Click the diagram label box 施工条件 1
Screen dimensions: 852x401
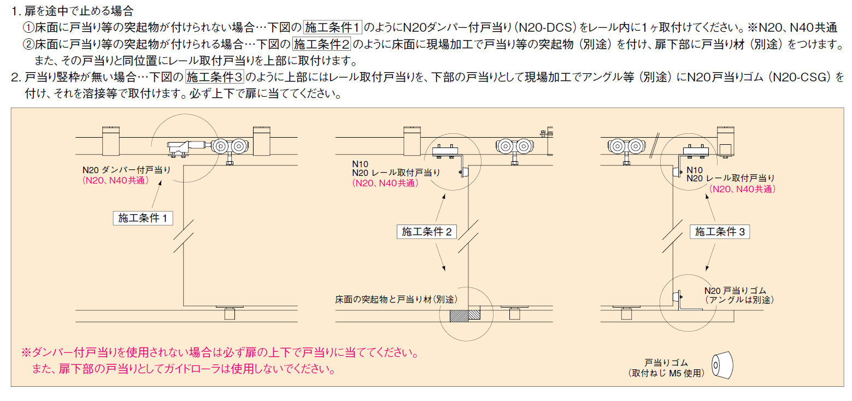point(143,218)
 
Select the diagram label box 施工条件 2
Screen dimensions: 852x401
point(426,232)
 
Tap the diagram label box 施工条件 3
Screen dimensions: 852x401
point(720,232)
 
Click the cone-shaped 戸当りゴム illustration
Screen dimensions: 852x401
point(722,365)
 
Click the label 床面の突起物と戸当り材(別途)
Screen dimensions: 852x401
point(396,299)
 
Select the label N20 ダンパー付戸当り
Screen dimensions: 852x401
point(127,170)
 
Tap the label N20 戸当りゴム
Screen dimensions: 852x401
point(735,291)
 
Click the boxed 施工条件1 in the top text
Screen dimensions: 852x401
point(332,27)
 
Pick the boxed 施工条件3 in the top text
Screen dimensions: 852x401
point(215,77)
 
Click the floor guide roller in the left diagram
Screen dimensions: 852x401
point(230,312)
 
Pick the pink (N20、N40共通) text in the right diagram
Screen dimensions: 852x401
point(742,189)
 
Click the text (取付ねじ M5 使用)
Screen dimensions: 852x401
point(666,373)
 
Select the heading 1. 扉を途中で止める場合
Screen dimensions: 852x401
point(72,11)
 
